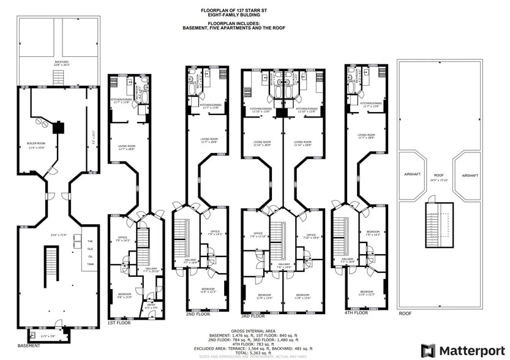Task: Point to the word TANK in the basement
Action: coord(90,264)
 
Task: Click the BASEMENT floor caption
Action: coord(29,345)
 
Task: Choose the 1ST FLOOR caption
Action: coord(119,323)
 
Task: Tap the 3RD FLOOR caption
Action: coord(253,317)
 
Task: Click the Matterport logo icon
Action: coord(429,350)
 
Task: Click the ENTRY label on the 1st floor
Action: coord(150,304)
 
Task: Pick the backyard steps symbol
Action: coord(59,78)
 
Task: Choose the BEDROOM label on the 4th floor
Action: coord(367,291)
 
